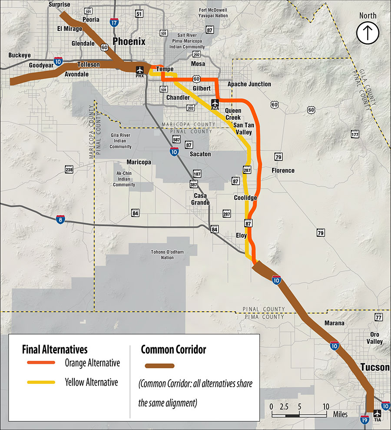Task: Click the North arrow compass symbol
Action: coord(368,32)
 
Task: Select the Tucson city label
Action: coord(374,368)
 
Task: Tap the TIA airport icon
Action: coord(377,413)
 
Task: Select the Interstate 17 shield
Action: coord(113,23)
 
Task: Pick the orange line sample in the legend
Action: coord(41,363)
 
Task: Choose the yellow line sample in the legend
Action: coord(41,383)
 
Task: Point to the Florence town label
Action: coord(283,171)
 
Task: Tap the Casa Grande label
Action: coord(201,199)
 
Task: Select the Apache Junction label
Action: coord(249,84)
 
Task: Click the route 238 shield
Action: coord(69,170)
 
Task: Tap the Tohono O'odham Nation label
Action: coord(162,255)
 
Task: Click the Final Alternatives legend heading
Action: coord(55,349)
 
